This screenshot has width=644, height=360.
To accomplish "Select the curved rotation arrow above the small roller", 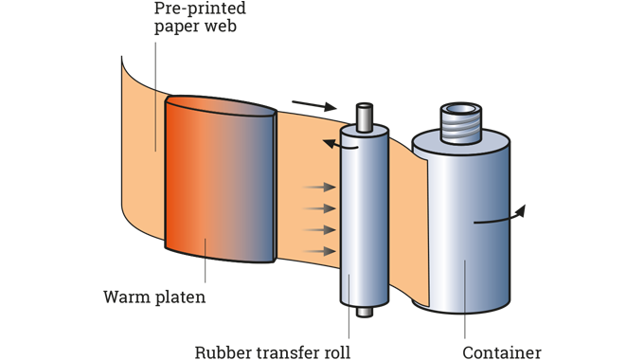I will pyautogui.click(x=332, y=143).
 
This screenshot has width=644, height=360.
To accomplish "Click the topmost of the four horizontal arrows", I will pyautogui.click(x=320, y=188).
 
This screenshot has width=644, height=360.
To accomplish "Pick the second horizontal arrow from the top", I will pyautogui.click(x=320, y=208).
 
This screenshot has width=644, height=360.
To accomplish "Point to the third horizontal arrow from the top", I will pyautogui.click(x=320, y=229).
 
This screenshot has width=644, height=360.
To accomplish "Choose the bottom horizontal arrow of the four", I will pyautogui.click(x=320, y=251).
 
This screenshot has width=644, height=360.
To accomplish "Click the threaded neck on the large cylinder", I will pyautogui.click(x=464, y=122).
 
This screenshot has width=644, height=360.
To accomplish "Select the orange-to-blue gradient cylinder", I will pyautogui.click(x=220, y=180).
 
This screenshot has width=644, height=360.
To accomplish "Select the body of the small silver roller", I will pyautogui.click(x=365, y=218).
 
